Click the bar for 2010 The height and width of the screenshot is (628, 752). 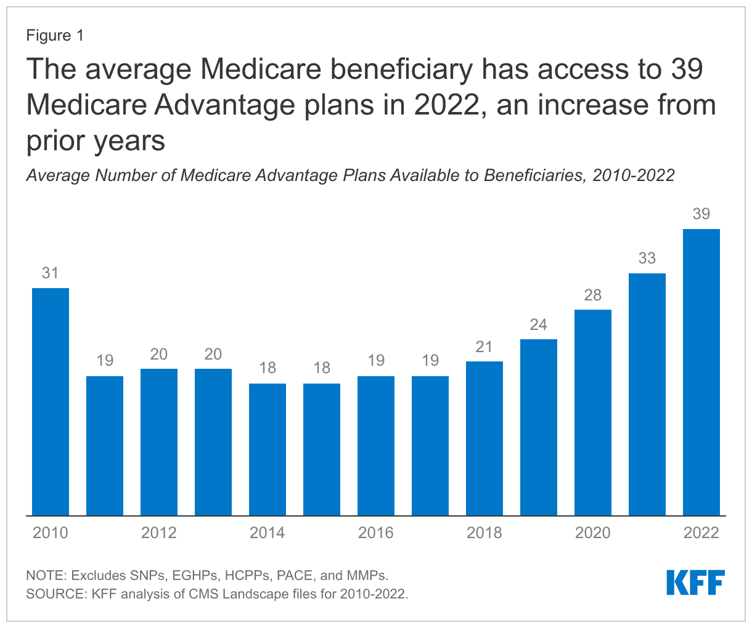pyautogui.click(x=51, y=401)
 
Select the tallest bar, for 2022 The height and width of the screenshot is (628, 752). pyautogui.click(x=701, y=372)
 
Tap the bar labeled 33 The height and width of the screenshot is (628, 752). pyautogui.click(x=647, y=394)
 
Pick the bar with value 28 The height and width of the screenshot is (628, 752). pyautogui.click(x=593, y=413)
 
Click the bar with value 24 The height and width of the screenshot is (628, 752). pyautogui.click(x=539, y=427)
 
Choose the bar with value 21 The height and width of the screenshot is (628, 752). pyautogui.click(x=484, y=438)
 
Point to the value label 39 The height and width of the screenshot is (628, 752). pyautogui.click(x=701, y=214)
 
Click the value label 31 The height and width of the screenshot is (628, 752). pyautogui.click(x=51, y=273)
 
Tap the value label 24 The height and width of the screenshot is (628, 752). pyautogui.click(x=539, y=324)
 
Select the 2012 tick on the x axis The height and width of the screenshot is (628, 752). pyautogui.click(x=159, y=533)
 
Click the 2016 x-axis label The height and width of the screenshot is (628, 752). pyautogui.click(x=376, y=533)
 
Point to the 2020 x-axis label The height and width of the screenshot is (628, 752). pyautogui.click(x=593, y=533)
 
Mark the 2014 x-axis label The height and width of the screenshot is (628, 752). pyautogui.click(x=268, y=533)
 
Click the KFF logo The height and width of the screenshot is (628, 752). pyautogui.click(x=695, y=582)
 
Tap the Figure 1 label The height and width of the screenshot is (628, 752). pyautogui.click(x=55, y=36)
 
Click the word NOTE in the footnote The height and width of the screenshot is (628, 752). pyautogui.click(x=45, y=576)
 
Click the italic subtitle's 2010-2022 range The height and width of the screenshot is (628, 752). pyautogui.click(x=633, y=175)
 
